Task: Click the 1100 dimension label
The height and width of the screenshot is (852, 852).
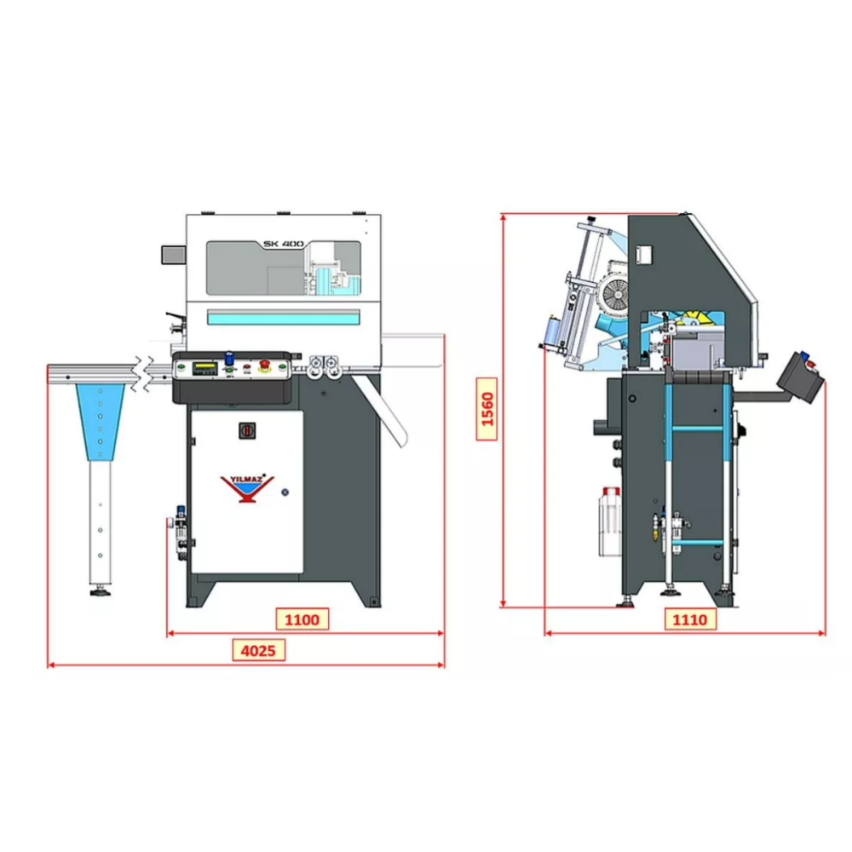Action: click(x=302, y=619)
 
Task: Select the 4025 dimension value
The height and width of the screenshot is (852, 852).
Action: click(x=258, y=651)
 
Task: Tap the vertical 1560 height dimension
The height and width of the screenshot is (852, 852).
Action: click(x=487, y=409)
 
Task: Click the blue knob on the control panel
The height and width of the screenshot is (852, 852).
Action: click(x=228, y=359)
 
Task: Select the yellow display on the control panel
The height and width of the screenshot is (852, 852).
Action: click(x=204, y=366)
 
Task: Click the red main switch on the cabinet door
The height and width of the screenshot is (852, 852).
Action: click(x=246, y=431)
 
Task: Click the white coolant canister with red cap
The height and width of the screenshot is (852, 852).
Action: click(x=607, y=521)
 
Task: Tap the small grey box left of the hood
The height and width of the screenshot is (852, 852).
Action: click(x=174, y=254)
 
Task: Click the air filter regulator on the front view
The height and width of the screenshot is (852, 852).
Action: click(x=181, y=531)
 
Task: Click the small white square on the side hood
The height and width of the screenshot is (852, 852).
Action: click(x=645, y=254)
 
